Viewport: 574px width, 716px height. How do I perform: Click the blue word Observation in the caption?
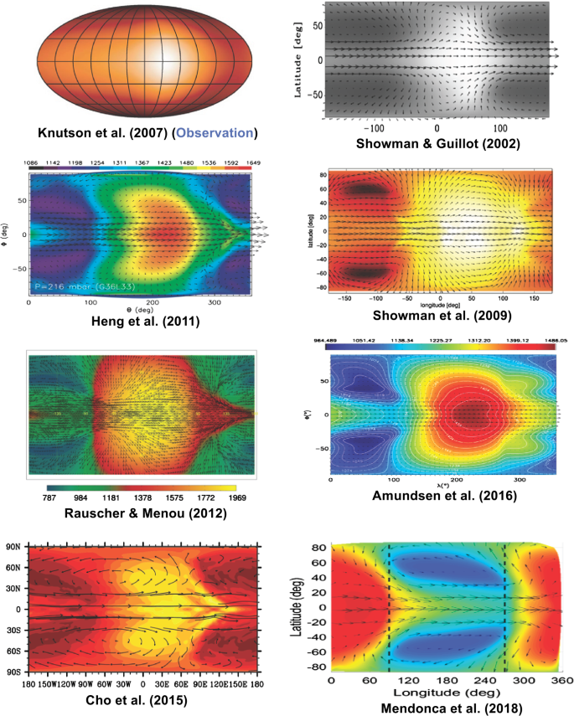coord(220,132)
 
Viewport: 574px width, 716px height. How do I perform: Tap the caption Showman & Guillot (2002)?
coord(437,143)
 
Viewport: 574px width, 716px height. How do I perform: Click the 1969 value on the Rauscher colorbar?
coord(237,497)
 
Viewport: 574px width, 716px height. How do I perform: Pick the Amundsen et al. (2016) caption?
coord(443,497)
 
